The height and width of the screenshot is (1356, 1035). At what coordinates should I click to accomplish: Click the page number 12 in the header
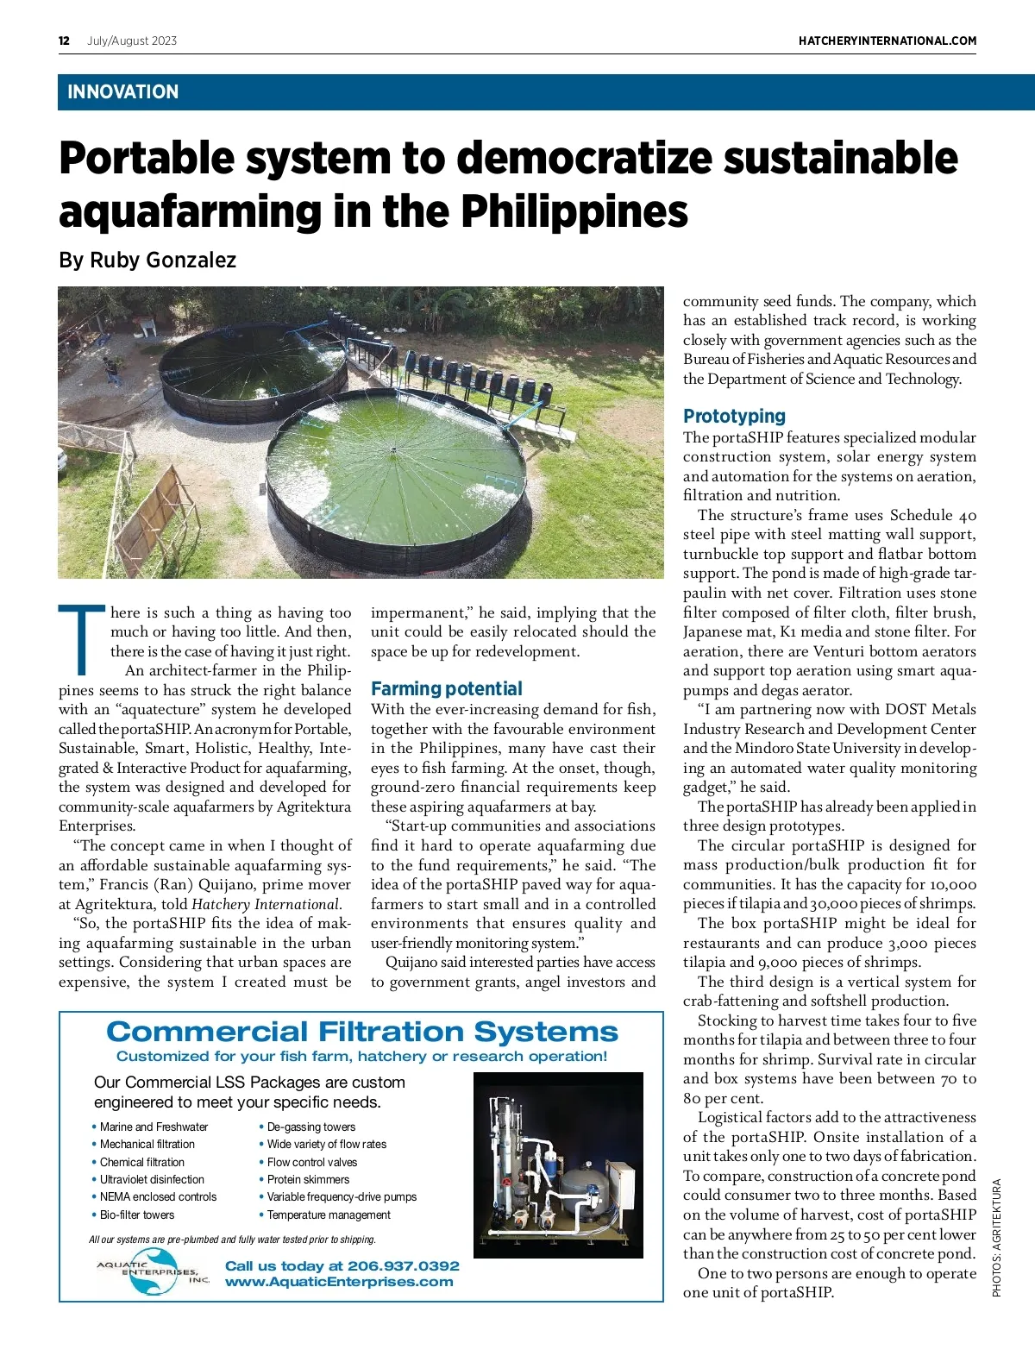point(64,41)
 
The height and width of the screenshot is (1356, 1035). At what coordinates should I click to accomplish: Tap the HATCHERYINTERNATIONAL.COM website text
point(887,41)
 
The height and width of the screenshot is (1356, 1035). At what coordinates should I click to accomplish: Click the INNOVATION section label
point(122,92)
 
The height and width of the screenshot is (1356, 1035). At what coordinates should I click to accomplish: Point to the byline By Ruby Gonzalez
point(147,260)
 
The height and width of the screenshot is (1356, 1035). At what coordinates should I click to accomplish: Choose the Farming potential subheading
point(446,688)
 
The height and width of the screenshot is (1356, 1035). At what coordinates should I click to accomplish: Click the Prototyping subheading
point(734,416)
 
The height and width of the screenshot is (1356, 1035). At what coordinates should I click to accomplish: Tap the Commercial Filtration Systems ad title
point(361,1032)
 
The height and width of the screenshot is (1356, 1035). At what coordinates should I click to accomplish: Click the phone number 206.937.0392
point(404,1265)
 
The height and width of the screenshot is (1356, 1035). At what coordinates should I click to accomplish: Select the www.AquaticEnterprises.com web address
point(339,1282)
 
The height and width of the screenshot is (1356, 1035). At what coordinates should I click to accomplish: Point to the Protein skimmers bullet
point(308,1179)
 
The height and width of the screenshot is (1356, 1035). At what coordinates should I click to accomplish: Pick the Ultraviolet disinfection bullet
point(152,1179)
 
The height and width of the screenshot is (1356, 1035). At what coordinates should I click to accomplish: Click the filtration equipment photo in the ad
point(558,1165)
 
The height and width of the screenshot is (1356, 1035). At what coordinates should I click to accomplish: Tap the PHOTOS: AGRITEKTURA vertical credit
point(997,1237)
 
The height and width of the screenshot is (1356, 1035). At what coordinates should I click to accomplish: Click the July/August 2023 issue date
point(132,41)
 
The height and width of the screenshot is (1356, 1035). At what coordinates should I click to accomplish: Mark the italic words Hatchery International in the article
point(266,904)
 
